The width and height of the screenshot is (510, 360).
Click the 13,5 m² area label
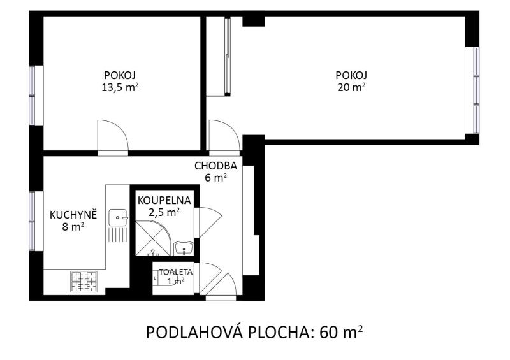(x=120, y=87)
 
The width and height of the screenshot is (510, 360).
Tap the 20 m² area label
(x=351, y=87)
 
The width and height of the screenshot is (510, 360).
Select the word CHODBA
(x=215, y=166)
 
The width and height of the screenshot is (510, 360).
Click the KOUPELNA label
(x=164, y=200)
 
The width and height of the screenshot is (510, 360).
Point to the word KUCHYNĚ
(x=73, y=215)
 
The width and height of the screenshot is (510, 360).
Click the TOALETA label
(x=176, y=272)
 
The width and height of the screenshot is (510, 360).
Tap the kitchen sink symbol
(x=117, y=217)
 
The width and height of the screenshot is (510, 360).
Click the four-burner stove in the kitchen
(x=84, y=281)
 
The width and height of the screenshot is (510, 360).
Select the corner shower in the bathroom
(x=153, y=238)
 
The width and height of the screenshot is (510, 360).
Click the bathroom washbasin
(x=184, y=248)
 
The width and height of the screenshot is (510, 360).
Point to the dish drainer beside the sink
(x=117, y=235)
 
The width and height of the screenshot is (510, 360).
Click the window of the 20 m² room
(x=472, y=90)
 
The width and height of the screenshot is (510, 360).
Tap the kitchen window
(x=36, y=221)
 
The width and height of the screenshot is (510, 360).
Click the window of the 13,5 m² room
(x=36, y=96)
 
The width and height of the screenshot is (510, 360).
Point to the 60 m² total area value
(x=341, y=333)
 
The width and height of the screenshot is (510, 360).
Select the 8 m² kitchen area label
(x=73, y=227)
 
